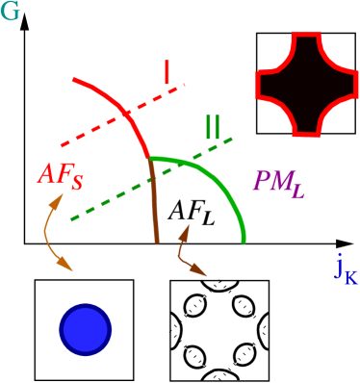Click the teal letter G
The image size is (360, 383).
pos(10,12)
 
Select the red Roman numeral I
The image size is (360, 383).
pos(167,72)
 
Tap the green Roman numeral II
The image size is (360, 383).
pos(212,127)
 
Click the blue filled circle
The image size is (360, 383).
pos(86,329)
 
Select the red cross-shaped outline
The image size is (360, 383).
pos(300,84)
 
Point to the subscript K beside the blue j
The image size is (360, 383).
pos(350,277)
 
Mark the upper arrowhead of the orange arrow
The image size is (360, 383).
pos(59,199)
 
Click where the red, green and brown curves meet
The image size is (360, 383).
pos(148,158)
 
